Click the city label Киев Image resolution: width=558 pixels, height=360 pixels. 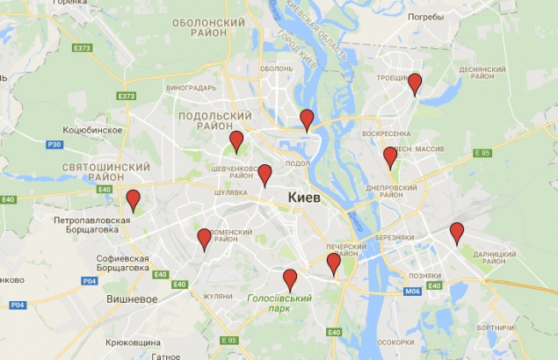tap(304, 198)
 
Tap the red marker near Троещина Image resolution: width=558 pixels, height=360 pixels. tap(415, 83)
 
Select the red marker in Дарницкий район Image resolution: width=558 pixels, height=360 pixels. tap(456, 233)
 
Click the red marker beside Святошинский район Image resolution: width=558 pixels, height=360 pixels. tap(133, 199)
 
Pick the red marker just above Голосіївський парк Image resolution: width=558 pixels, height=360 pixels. tap(290, 279)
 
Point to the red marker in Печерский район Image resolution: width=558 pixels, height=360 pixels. tap(333, 263)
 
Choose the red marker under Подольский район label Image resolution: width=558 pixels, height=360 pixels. tap(236, 140)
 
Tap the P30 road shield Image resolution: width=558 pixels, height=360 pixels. tap(54, 144)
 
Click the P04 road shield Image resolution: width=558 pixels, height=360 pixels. tap(89, 281)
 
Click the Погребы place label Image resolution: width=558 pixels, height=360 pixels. tap(426, 16)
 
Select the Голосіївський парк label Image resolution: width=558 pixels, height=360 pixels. tap(279, 304)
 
